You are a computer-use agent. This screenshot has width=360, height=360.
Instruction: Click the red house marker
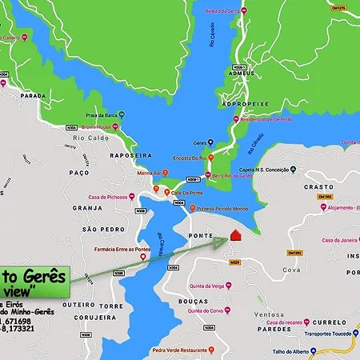point(235,235)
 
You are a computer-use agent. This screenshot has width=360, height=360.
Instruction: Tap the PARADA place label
point(33,95)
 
